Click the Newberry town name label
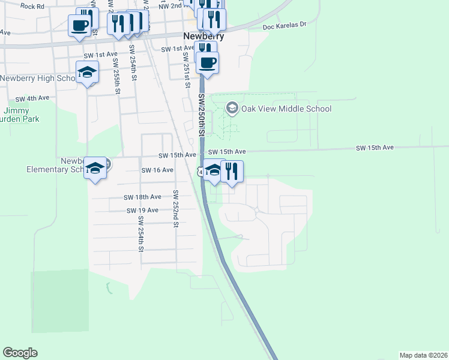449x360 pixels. [203, 36]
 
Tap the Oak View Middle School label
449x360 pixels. [286, 109]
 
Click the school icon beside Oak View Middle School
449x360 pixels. [232, 109]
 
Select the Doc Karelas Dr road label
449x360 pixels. [285, 26]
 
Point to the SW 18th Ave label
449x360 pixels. [142, 197]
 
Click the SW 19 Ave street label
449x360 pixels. [142, 210]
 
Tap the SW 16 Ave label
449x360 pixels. [157, 170]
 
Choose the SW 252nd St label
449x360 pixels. [176, 209]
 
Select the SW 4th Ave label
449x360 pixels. [32, 98]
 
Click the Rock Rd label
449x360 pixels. [32, 6]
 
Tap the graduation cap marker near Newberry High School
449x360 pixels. [88, 73]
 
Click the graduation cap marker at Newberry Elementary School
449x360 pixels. [95, 168]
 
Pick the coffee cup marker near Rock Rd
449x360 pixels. [79, 26]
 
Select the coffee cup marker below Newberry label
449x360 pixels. [208, 62]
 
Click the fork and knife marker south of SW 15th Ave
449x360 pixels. [232, 171]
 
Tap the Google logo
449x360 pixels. [20, 353]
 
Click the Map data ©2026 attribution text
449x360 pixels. [423, 355]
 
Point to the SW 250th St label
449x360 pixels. [202, 116]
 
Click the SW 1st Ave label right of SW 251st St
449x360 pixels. [177, 47]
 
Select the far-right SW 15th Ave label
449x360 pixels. [375, 147]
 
